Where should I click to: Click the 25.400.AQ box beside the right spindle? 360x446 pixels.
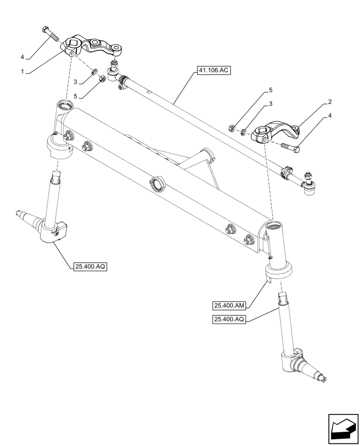click(x=229, y=319)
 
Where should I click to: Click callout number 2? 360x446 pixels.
click(x=329, y=102)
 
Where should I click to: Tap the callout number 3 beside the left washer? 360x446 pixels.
click(x=76, y=82)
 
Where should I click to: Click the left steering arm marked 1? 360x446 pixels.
click(x=91, y=46)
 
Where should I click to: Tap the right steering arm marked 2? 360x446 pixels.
click(x=276, y=132)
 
